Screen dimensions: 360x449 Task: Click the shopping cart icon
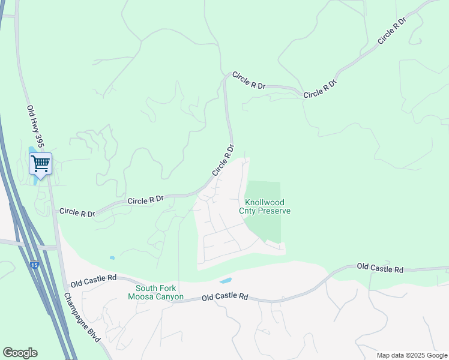[x=40, y=163]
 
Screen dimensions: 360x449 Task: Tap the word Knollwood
[x=265, y=203]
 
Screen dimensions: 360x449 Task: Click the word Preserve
[x=273, y=211]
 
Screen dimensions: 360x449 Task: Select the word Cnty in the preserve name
[x=248, y=211]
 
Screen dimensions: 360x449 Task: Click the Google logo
[x=20, y=353]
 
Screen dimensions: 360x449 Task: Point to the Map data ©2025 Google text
[x=411, y=355]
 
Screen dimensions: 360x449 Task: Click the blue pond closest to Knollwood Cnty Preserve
[x=226, y=280]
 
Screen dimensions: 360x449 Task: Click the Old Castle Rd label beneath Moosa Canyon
[x=224, y=297]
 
